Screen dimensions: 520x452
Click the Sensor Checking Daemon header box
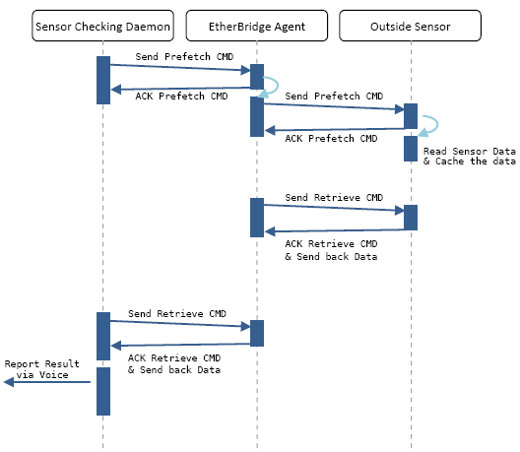coord(102,26)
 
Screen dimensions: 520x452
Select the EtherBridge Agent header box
coord(257,26)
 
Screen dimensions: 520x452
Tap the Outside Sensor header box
coord(411,26)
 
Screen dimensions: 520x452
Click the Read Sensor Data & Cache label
coord(469,157)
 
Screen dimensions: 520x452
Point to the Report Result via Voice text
coord(42,369)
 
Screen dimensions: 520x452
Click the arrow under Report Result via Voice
coord(47,382)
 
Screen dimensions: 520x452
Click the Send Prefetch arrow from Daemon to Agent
coord(180,68)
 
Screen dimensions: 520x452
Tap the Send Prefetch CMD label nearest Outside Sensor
coord(334,97)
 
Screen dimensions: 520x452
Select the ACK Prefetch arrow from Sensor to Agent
coord(334,130)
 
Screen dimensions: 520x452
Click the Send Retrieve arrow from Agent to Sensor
coord(334,208)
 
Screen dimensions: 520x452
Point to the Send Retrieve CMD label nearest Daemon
coord(177,314)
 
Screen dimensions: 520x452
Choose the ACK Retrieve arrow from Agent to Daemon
coord(181,345)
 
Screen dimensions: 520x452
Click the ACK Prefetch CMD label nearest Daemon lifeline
coord(181,97)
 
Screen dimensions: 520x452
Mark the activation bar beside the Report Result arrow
coord(103,391)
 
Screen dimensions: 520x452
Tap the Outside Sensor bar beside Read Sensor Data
coord(411,149)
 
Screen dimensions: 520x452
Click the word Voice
coord(54,375)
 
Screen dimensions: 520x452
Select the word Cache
coord(449,161)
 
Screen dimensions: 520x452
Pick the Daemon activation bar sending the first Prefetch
coord(103,80)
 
